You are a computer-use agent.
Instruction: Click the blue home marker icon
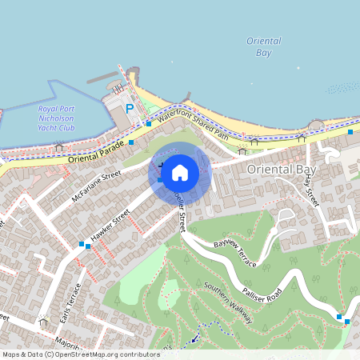(180, 172)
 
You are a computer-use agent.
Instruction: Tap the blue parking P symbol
(129, 109)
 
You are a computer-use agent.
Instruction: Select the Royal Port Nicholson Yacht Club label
(56, 117)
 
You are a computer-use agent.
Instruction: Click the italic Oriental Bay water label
(263, 46)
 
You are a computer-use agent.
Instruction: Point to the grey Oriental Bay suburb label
(282, 170)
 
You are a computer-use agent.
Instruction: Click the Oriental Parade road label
(94, 151)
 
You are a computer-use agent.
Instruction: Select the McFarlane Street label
(95, 184)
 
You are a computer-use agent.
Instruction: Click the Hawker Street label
(110, 226)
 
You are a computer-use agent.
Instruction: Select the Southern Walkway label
(228, 302)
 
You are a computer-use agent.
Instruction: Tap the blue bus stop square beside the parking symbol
(148, 123)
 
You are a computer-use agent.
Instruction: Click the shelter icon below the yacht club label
(58, 146)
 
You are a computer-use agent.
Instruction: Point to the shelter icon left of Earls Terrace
(44, 320)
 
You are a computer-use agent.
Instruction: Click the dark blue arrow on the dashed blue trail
(194, 339)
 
